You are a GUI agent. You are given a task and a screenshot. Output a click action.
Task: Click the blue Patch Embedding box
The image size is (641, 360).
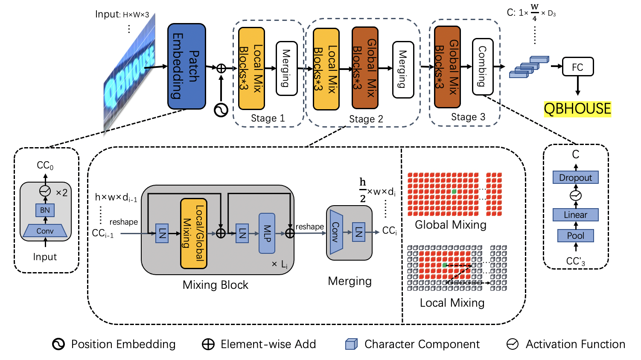[186, 66]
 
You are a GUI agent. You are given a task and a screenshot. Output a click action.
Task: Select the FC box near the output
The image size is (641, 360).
[577, 67]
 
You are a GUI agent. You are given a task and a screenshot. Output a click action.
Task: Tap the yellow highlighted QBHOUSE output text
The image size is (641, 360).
[577, 109]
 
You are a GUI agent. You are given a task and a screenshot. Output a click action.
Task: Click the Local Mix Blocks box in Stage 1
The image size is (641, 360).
[251, 68]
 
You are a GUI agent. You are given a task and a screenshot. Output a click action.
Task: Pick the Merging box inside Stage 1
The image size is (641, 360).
[286, 68]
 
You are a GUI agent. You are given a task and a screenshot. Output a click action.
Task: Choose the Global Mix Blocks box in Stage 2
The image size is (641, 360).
[365, 68]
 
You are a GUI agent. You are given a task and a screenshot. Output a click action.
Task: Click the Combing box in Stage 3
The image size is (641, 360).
[483, 67]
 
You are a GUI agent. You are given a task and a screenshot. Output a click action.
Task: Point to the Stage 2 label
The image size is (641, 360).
[366, 119]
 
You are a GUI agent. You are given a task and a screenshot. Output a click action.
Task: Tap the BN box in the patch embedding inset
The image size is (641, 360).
[45, 210]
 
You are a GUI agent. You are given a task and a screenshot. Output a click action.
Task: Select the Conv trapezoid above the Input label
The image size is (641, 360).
[45, 231]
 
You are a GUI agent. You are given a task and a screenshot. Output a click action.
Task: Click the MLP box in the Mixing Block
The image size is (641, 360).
[267, 233]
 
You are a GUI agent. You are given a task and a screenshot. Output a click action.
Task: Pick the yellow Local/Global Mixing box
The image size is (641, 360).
[194, 233]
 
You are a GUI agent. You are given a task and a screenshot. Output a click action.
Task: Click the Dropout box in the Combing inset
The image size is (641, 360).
[575, 177]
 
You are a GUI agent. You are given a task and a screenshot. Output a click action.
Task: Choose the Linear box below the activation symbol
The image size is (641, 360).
[575, 215]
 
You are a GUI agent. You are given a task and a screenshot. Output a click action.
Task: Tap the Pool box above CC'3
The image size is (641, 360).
[575, 235]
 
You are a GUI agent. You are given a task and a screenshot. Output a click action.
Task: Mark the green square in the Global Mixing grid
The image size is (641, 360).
[454, 192]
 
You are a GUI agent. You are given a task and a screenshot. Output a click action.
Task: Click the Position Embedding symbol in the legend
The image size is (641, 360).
[58, 344]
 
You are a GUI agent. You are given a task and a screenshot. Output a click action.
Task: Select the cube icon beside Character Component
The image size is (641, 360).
[351, 344]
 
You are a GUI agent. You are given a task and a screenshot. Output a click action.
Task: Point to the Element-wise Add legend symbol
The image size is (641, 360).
[208, 344]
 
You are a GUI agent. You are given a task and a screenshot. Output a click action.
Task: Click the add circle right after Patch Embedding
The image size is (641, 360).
[221, 68]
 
